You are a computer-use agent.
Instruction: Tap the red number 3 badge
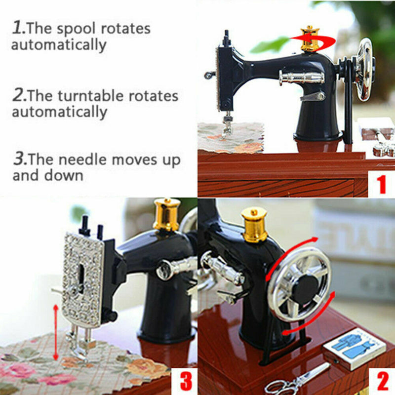[185, 381]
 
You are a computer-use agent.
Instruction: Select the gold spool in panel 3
[166, 214]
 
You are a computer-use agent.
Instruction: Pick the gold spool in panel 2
[254, 224]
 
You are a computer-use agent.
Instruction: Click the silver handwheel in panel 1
[365, 69]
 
